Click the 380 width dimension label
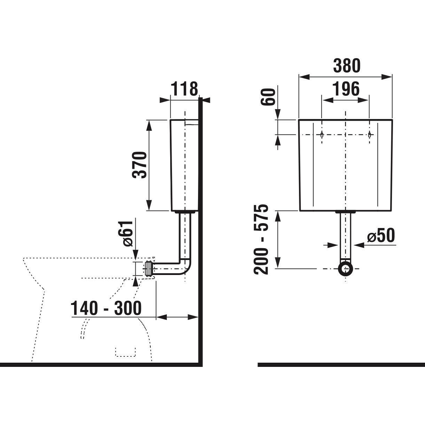[x=347, y=66]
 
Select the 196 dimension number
[x=346, y=89]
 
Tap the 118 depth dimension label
[x=184, y=89]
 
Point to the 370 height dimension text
[x=139, y=165]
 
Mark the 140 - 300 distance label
[x=106, y=308]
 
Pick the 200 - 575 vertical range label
[x=261, y=239]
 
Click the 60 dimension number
[x=268, y=97]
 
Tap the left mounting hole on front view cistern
[x=322, y=135]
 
